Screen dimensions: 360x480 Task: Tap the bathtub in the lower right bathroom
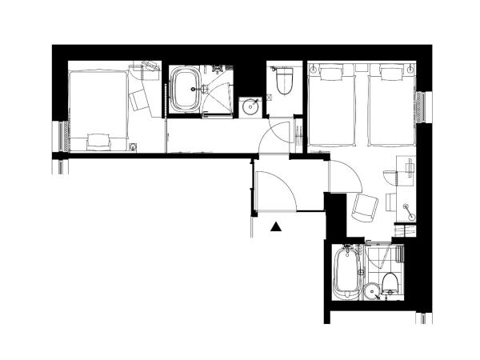(346, 273)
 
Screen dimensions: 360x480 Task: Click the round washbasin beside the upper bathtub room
(250, 106)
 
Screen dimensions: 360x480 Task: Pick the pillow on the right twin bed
(390, 75)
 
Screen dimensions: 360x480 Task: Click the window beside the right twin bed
(422, 106)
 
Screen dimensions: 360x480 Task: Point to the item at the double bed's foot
(98, 140)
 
